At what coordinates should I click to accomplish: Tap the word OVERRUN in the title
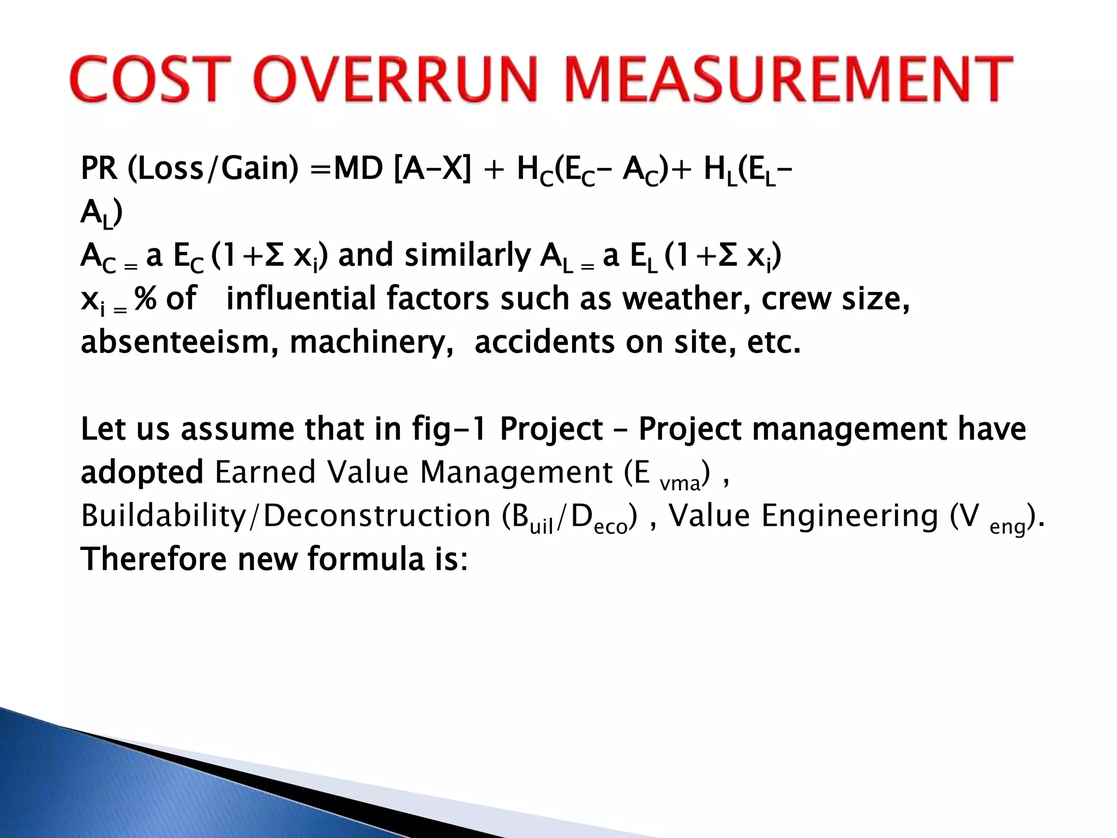(x=396, y=80)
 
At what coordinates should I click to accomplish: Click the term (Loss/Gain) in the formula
(x=213, y=169)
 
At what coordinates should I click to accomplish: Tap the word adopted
(x=142, y=473)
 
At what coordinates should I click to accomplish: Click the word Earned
(x=265, y=472)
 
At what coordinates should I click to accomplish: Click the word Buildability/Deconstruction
(x=285, y=516)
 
